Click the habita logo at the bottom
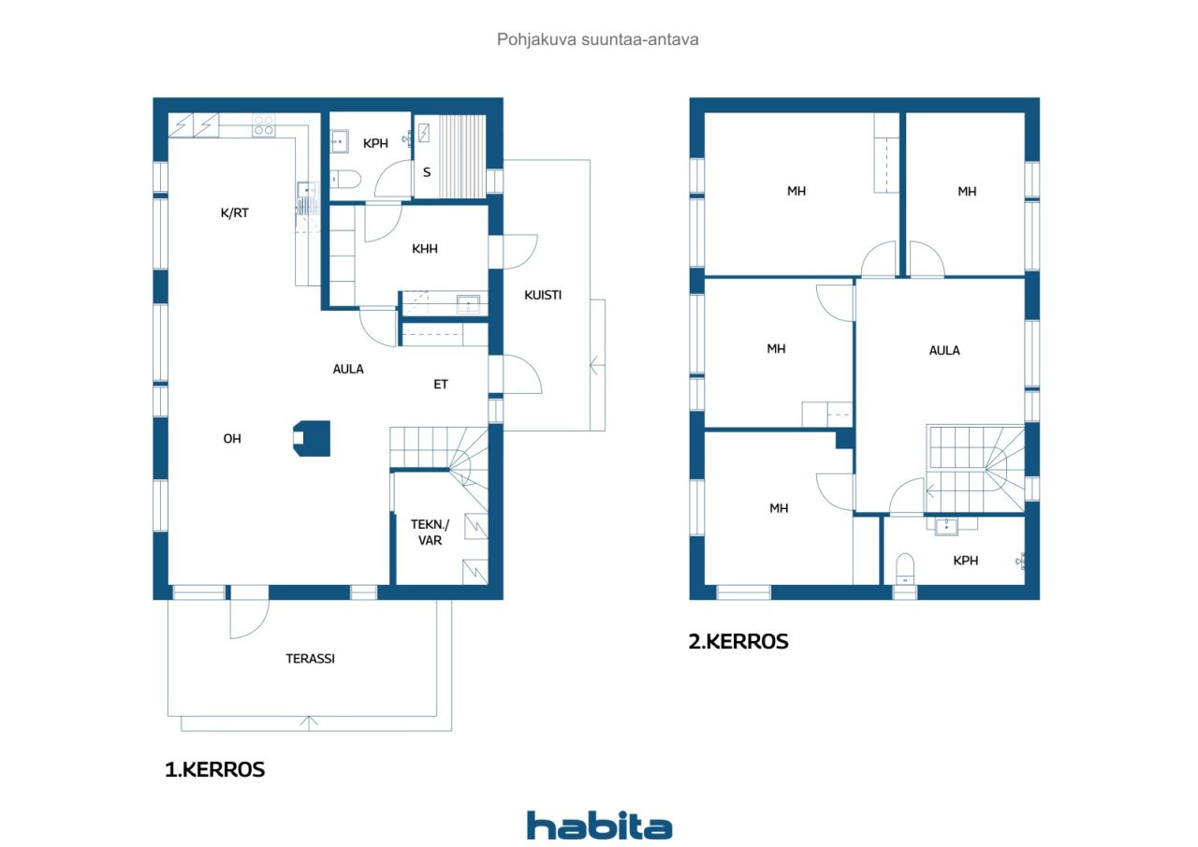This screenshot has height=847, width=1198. tap(599, 825)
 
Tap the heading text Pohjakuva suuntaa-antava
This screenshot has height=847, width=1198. tap(597, 39)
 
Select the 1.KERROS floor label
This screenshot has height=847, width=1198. tap(214, 769)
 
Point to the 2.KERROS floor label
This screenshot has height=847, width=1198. tap(738, 641)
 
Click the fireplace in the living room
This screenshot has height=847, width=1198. tap(312, 438)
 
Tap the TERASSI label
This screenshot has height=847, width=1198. tap(310, 658)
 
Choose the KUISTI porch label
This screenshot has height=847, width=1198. tap(543, 295)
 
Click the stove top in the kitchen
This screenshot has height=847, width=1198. tap(264, 125)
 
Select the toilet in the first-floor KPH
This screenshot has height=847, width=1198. tap(345, 179)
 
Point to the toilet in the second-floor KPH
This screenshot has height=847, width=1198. tap(905, 569)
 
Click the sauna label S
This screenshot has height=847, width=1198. tap(427, 172)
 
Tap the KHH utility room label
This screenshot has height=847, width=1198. tap(425, 249)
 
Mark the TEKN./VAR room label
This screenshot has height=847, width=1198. tap(430, 532)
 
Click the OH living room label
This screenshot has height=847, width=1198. tap(232, 438)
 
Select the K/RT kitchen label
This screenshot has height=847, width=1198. tap(234, 212)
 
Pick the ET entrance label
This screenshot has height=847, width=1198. tap(441, 384)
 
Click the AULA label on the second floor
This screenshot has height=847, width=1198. tap(944, 350)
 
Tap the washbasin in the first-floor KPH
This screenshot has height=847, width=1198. tap(339, 141)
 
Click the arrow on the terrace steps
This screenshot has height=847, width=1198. tap(309, 723)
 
